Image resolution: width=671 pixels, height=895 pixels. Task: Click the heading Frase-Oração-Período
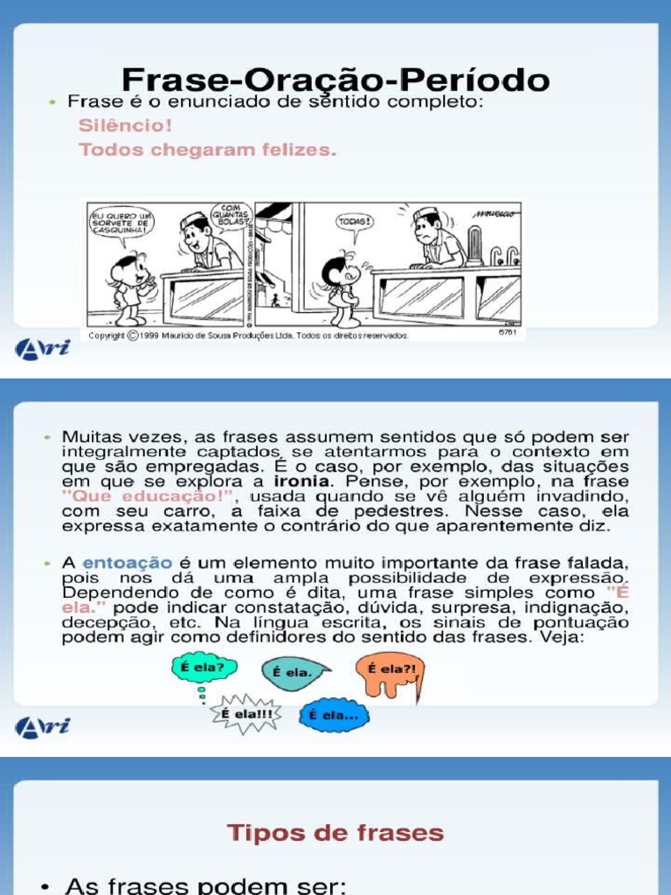pos(335,80)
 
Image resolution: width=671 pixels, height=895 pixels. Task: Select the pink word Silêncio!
pos(125,125)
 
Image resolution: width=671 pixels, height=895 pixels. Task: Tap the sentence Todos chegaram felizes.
pos(207,149)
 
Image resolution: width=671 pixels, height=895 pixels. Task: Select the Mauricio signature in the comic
pos(495,213)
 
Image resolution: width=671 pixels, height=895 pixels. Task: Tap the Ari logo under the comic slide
pos(42,348)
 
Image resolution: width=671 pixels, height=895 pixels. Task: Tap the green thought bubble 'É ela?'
pos(200,668)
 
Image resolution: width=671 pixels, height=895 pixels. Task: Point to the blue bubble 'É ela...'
pos(334,715)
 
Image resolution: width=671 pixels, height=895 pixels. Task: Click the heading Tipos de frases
pos(335,833)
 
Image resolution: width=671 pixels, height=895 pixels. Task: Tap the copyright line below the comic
pos(248,335)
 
